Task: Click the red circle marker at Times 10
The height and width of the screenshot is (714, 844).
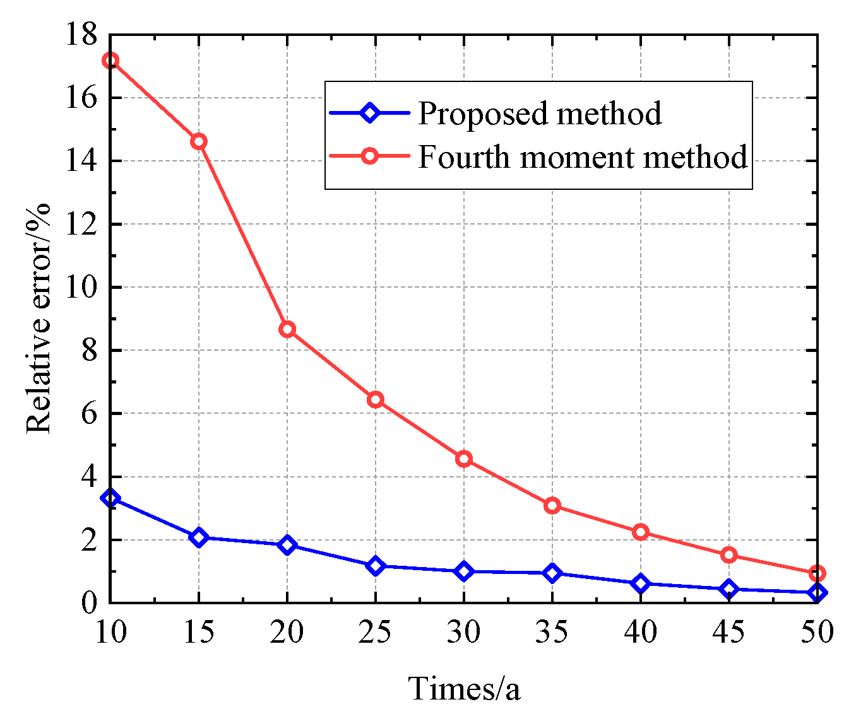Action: click(x=110, y=61)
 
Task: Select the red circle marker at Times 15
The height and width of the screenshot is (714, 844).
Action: click(x=199, y=141)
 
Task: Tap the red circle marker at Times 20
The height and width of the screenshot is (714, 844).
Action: click(x=287, y=329)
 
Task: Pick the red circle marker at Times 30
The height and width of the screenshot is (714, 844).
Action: click(x=464, y=459)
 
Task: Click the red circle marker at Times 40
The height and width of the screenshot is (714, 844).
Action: click(x=641, y=532)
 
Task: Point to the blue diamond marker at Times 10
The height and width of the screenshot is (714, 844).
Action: click(x=110, y=498)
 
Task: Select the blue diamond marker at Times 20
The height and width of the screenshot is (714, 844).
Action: click(x=287, y=545)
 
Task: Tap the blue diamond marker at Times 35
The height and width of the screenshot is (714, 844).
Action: click(x=552, y=573)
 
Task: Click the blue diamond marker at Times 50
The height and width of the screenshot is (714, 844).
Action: click(x=817, y=592)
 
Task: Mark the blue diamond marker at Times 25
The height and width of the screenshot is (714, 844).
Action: click(x=376, y=566)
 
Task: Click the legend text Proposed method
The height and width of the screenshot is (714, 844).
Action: click(x=540, y=114)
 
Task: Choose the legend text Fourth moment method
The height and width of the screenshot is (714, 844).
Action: click(x=583, y=156)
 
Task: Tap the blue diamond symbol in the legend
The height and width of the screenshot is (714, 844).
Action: click(x=369, y=114)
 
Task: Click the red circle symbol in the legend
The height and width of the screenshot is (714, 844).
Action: click(x=369, y=156)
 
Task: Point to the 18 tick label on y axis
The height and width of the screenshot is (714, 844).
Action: click(x=81, y=35)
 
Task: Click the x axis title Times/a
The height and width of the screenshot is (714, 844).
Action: click(x=464, y=688)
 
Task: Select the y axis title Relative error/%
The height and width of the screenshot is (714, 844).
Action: click(x=39, y=319)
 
